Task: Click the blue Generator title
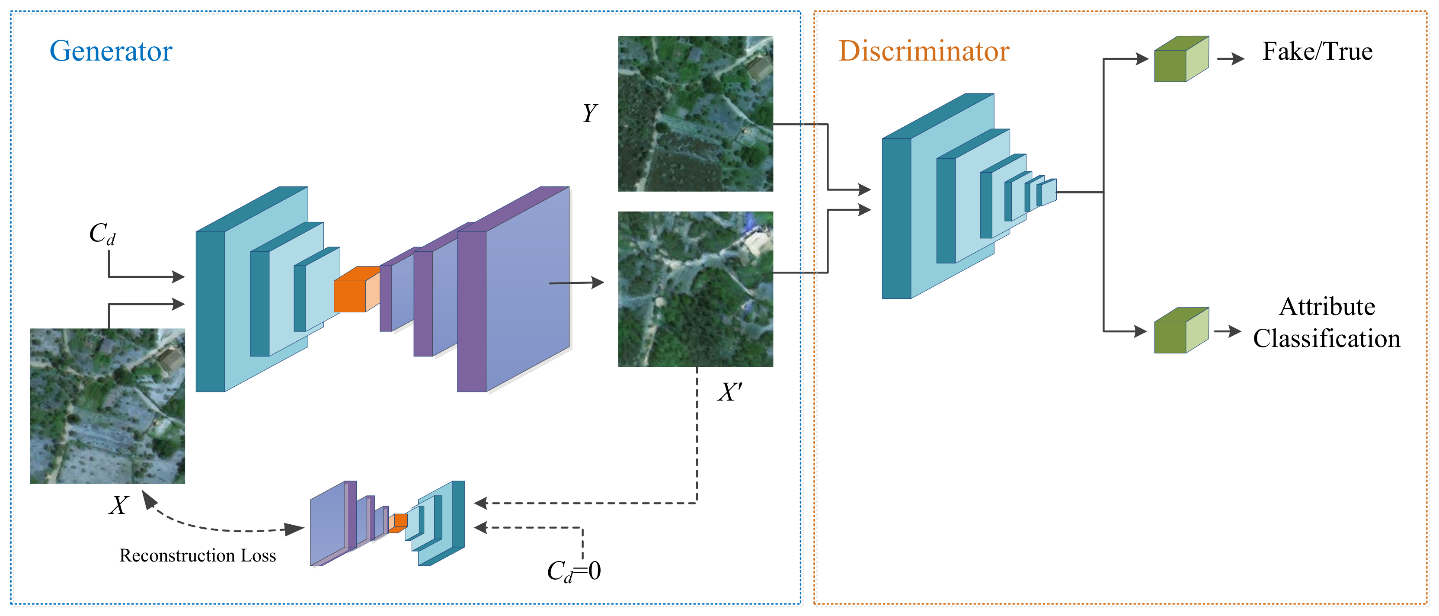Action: [111, 51]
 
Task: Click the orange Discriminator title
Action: [924, 51]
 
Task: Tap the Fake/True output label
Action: [1317, 51]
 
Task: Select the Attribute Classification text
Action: [1326, 323]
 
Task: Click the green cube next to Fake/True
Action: [1180, 61]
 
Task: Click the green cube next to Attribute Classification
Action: [1180, 331]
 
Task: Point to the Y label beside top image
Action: [589, 113]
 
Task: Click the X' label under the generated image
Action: [729, 392]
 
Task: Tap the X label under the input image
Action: [118, 505]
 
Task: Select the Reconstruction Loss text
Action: [197, 555]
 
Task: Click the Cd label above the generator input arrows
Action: [102, 234]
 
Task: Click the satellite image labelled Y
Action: [695, 114]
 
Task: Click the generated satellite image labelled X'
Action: [695, 289]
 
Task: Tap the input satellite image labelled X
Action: [107, 406]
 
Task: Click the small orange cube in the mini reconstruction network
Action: [400, 521]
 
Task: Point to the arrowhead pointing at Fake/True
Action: [1238, 59]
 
